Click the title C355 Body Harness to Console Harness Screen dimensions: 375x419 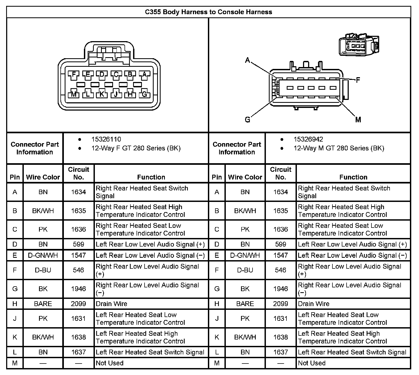208,12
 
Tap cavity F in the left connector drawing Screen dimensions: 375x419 74,75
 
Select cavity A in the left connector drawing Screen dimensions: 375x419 144,75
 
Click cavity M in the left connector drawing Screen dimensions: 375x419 74,94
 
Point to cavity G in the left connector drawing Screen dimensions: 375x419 144,94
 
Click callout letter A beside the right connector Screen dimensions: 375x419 248,60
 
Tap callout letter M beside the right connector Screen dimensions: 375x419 358,120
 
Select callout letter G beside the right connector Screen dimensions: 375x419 247,120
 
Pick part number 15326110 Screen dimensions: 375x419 106,139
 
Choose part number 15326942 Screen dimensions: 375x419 308,139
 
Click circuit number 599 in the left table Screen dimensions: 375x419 78,244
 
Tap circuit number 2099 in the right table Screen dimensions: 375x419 281,304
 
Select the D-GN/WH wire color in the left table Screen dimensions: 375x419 43,255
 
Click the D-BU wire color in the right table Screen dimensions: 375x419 245,270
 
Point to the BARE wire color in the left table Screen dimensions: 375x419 43,304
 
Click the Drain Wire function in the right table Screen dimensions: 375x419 313,304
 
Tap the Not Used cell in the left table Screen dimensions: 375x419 110,363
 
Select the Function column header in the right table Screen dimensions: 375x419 353,177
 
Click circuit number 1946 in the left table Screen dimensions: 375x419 78,289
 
